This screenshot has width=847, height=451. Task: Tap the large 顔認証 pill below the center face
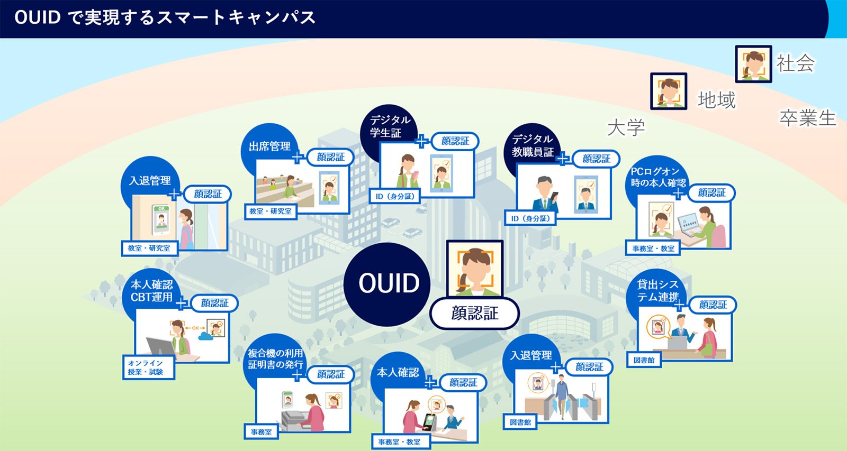click(x=474, y=314)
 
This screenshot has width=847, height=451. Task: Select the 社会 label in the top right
click(x=796, y=63)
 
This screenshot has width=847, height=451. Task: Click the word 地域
click(x=717, y=100)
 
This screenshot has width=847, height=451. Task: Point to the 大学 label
click(x=626, y=127)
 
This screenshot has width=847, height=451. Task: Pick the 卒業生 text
click(x=807, y=118)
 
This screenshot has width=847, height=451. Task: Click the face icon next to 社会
click(x=753, y=64)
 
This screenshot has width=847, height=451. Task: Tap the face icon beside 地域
click(x=669, y=91)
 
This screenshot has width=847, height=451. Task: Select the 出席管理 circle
click(x=269, y=146)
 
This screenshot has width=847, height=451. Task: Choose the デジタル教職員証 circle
click(x=532, y=146)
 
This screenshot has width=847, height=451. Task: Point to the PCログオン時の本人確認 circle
click(x=657, y=177)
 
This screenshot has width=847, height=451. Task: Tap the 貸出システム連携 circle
click(x=657, y=291)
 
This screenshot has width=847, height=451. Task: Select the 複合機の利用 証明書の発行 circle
click(x=275, y=359)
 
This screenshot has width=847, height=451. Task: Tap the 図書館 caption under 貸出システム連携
click(x=644, y=360)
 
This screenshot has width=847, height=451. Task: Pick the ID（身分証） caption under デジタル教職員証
click(x=530, y=218)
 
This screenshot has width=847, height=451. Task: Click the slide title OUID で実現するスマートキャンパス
click(x=165, y=18)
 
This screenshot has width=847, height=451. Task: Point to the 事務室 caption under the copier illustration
click(x=261, y=432)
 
